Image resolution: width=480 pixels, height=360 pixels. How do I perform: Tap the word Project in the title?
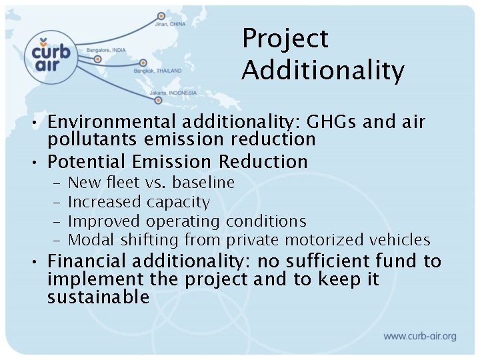[x=285, y=39]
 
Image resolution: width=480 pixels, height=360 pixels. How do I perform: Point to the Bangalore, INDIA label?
[x=105, y=51]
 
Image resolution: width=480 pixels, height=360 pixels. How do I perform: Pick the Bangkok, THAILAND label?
[x=157, y=70]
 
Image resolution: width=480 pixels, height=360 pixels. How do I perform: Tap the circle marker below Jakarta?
[x=158, y=101]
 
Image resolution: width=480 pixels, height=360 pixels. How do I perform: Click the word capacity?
[x=178, y=201]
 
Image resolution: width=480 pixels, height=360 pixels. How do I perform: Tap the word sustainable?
[x=98, y=297]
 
